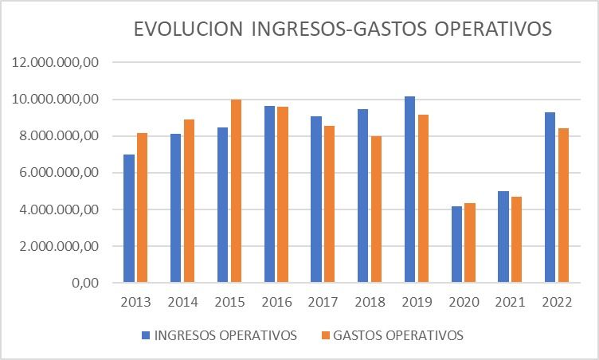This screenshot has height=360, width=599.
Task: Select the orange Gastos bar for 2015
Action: point(236,191)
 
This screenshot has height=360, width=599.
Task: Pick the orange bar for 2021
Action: point(517,239)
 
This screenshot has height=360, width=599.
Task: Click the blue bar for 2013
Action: point(129,218)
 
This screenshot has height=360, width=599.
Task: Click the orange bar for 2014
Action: point(189,201)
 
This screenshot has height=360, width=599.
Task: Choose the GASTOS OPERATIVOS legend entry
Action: point(398,335)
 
